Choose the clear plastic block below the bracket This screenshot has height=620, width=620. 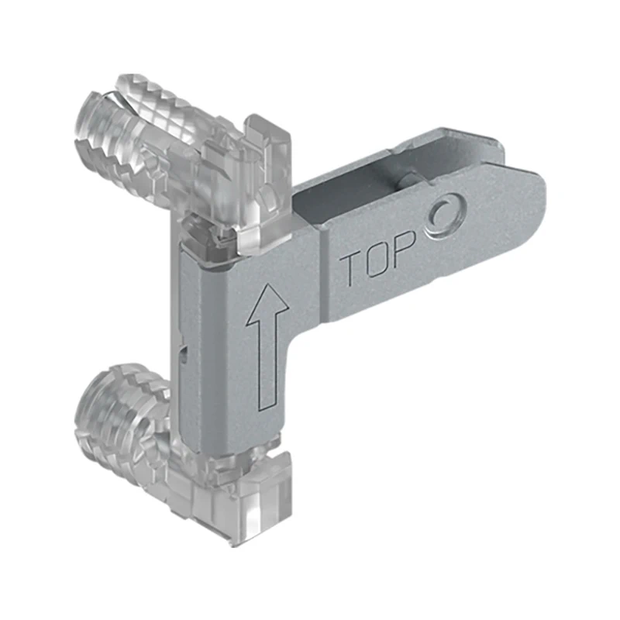(x=263, y=496)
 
